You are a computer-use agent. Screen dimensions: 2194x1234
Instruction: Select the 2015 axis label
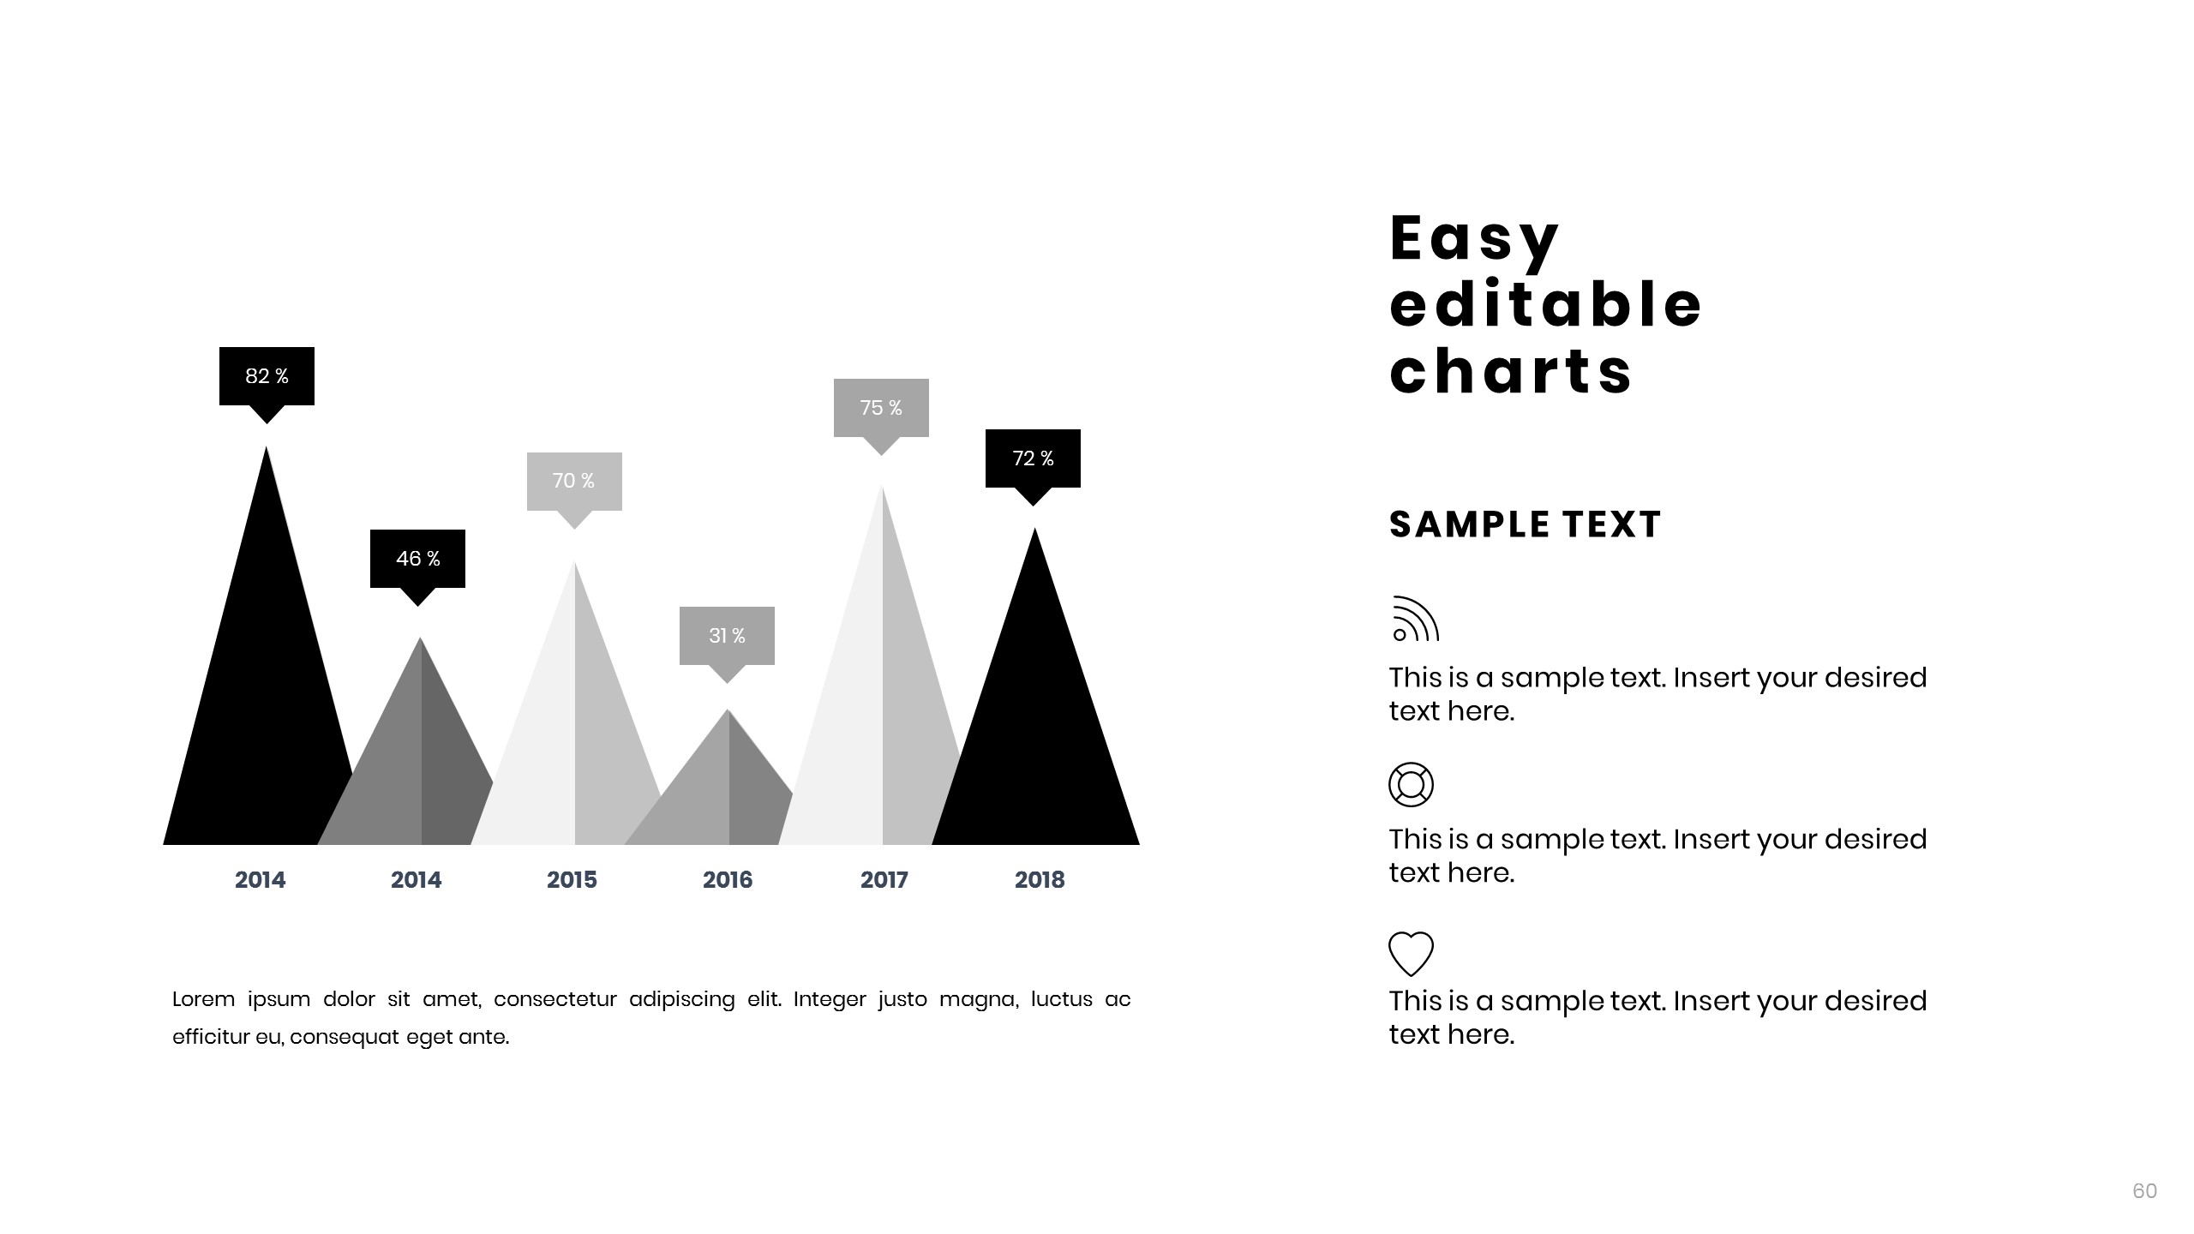coord(572,879)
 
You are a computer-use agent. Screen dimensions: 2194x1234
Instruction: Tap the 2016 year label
coord(728,879)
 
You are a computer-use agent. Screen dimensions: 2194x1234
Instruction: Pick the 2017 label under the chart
coord(884,879)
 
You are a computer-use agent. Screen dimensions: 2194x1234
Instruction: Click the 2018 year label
coord(1040,879)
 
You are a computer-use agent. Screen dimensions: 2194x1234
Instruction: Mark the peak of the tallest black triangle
coord(267,446)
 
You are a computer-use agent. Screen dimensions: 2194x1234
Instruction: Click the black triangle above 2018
coord(1035,728)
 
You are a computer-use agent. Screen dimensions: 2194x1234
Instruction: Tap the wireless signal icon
coord(1416,619)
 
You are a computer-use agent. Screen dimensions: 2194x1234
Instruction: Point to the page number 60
coord(2145,1190)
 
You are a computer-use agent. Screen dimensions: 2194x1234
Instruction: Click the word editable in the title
coord(1545,305)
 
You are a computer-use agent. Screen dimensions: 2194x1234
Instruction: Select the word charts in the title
coord(1511,372)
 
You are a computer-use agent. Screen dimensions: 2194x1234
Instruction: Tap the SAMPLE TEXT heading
coord(1526,524)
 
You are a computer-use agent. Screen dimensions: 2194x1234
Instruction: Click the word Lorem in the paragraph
coord(203,999)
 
